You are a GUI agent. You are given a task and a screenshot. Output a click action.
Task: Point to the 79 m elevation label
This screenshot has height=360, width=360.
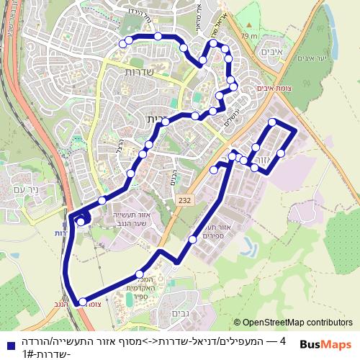pos(249,35)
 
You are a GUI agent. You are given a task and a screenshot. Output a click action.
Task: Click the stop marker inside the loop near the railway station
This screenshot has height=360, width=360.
pos(81,222)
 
